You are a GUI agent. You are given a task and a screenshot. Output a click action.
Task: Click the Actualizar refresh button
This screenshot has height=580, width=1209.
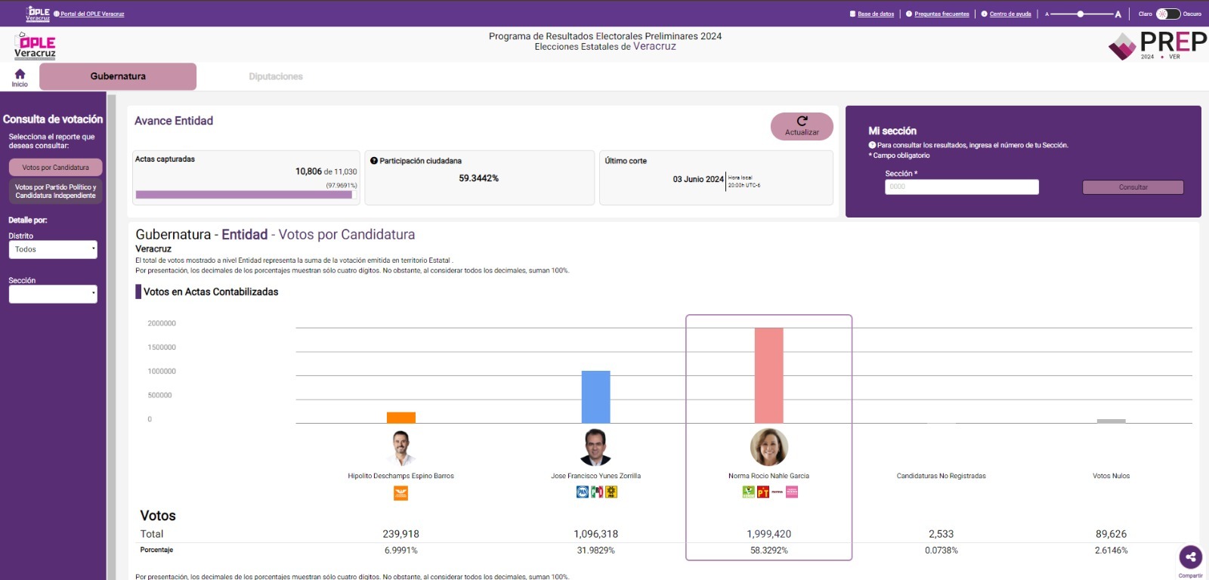tap(802, 126)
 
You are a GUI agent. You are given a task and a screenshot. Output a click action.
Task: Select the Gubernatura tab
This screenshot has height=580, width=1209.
tap(118, 76)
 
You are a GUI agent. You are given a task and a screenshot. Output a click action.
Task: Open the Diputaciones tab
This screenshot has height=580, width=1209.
tap(276, 76)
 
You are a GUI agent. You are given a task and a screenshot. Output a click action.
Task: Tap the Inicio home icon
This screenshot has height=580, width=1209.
tap(20, 76)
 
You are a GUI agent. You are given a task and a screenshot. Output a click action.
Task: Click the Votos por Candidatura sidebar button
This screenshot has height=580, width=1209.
tap(55, 167)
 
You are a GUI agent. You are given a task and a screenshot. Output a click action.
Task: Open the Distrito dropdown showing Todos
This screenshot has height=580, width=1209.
tap(53, 249)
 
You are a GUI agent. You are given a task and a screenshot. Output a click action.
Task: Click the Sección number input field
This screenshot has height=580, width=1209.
tap(961, 187)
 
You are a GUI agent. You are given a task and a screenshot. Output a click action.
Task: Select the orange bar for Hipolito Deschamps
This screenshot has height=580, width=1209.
tap(401, 418)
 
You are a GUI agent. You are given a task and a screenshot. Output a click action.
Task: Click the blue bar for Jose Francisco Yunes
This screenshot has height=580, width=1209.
tap(595, 396)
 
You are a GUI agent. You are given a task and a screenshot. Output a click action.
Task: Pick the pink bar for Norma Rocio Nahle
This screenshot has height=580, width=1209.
tap(768, 375)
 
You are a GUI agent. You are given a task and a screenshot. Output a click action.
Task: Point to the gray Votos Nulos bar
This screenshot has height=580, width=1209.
tap(1111, 421)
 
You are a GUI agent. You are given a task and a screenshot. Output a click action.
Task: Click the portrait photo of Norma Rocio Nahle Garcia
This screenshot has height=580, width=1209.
tap(768, 447)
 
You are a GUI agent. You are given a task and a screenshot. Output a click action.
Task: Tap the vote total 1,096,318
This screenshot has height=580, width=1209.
tap(595, 534)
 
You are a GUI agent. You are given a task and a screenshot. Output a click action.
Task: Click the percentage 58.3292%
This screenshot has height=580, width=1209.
tap(768, 551)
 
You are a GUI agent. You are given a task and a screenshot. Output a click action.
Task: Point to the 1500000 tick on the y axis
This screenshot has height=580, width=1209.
tap(162, 347)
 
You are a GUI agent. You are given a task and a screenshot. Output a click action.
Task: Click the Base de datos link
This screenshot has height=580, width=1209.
tap(875, 14)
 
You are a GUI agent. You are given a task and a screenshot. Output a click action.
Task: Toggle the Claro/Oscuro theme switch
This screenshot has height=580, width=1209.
tap(1167, 14)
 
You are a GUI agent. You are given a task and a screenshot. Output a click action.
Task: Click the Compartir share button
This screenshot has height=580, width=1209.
tap(1190, 557)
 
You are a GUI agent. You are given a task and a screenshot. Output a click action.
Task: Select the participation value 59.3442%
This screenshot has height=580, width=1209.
tap(478, 178)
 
